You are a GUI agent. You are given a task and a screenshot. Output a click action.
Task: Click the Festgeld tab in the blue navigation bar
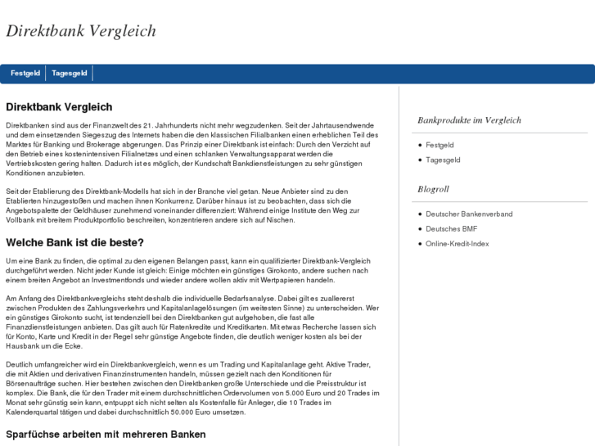[25, 74]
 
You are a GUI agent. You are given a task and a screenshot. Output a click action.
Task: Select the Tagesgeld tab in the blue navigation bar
[70, 74]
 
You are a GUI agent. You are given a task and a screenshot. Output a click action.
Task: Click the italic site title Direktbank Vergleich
[81, 31]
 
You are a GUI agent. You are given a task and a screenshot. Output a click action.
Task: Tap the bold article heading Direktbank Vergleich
[59, 107]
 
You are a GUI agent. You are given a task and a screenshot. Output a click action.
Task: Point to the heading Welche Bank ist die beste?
[74, 242]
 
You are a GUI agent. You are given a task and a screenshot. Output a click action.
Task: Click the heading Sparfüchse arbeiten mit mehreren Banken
[106, 434]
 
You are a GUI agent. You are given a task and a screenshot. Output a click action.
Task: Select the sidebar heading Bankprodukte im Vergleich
[469, 120]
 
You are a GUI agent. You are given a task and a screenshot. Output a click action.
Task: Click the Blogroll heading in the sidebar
[433, 190]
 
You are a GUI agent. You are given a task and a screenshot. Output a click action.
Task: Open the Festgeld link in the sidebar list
[439, 145]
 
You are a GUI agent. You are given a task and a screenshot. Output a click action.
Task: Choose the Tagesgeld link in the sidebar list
[443, 160]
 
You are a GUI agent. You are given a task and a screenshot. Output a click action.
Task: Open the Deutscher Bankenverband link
[469, 214]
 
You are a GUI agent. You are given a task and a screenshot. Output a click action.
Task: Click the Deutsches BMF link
[451, 228]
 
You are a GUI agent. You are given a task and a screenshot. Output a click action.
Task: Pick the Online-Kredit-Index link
[457, 243]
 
